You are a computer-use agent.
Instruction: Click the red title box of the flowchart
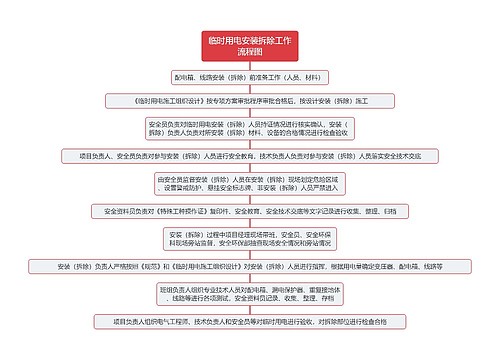pyautogui.click(x=249, y=44)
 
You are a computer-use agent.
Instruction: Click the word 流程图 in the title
pyautogui.click(x=249, y=50)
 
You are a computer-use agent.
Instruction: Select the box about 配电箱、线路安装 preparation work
pyautogui.click(x=249, y=76)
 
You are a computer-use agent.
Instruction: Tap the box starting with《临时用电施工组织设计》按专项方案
pyautogui.click(x=249, y=101)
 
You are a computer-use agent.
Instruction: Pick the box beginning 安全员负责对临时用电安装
pyautogui.click(x=249, y=128)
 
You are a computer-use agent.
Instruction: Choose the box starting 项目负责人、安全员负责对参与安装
pyautogui.click(x=249, y=156)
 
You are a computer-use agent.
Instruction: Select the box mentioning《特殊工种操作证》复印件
pyautogui.click(x=249, y=211)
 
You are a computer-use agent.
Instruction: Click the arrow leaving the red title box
pyautogui.click(x=249, y=64)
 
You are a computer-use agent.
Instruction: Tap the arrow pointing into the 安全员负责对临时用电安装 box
pyautogui.click(x=249, y=113)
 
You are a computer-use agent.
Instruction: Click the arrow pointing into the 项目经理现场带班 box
pyautogui.click(x=249, y=223)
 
